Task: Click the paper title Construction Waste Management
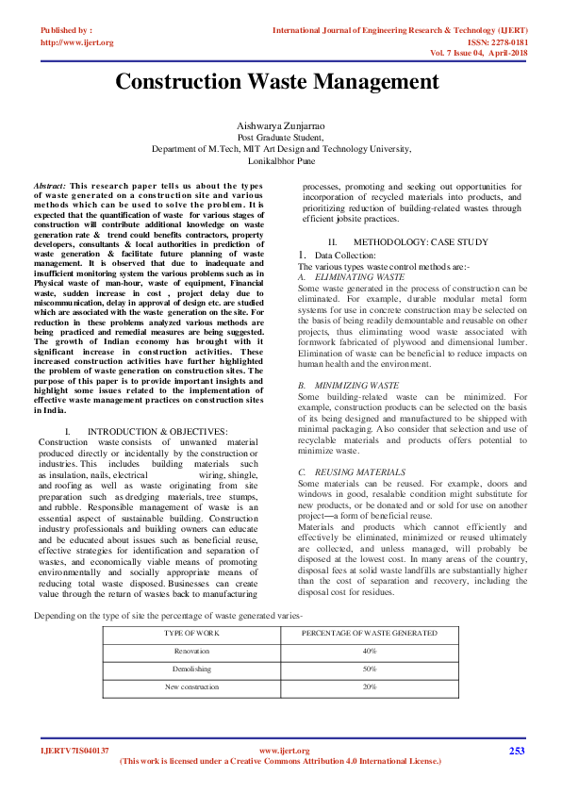click(277, 82)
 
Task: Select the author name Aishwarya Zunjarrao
click(281, 125)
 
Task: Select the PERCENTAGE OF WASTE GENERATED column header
click(370, 634)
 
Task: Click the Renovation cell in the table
click(192, 651)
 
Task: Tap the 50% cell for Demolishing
click(370, 669)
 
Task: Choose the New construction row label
click(192, 686)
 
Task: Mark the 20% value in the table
click(370, 686)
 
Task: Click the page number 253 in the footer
click(516, 751)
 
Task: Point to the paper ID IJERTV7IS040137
click(74, 751)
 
